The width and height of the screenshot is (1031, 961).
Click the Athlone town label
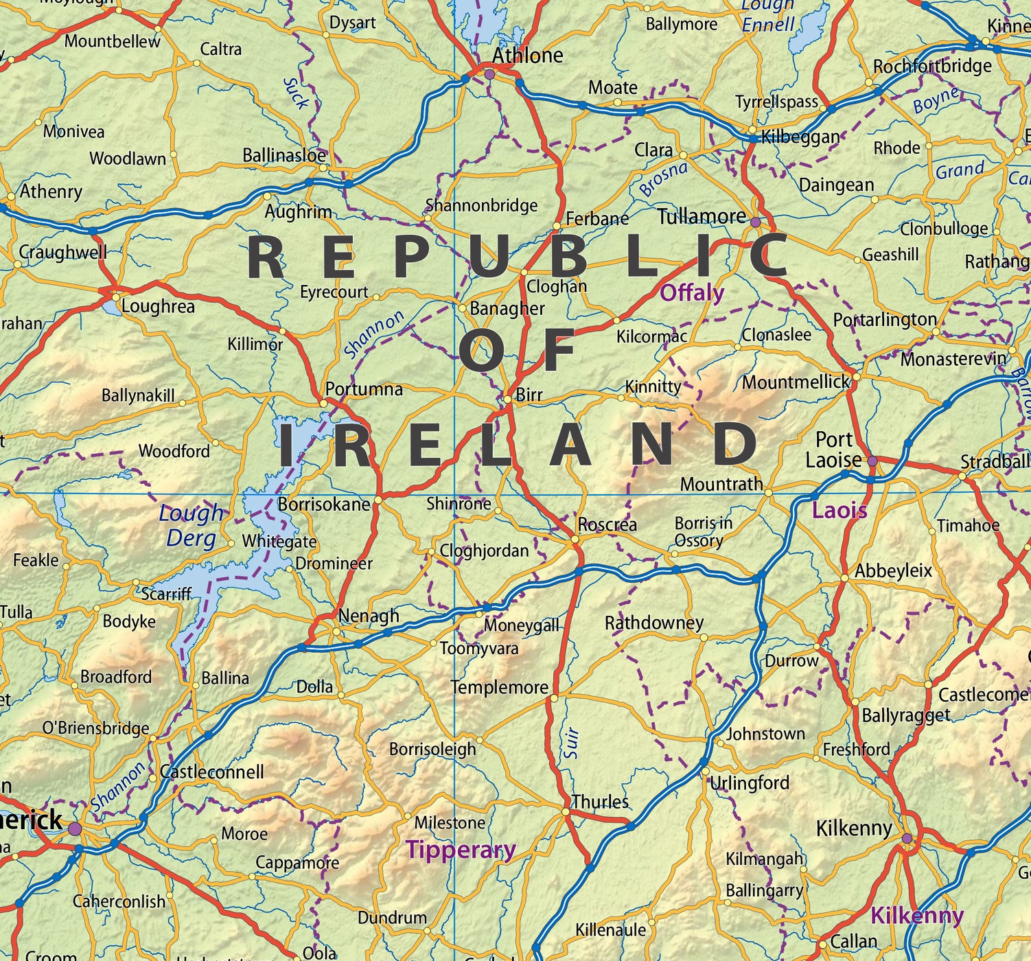[x=527, y=56]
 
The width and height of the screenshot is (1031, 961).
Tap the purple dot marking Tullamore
[x=756, y=222]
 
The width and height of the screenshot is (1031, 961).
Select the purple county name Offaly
[x=691, y=293]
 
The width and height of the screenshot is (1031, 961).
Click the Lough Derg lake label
[x=191, y=525]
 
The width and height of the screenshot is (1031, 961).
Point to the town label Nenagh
[x=369, y=616]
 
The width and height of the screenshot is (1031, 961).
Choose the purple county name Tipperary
[x=461, y=850]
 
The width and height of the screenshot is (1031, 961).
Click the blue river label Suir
[x=572, y=743]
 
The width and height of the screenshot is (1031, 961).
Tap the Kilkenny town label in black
[x=853, y=829]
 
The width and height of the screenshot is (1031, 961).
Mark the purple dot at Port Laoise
[x=872, y=461]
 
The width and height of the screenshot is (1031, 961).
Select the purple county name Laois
[x=839, y=510]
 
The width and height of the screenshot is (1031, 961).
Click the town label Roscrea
[x=607, y=525]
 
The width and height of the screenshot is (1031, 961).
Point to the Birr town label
[x=529, y=395]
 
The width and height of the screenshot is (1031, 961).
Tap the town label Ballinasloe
[x=284, y=155]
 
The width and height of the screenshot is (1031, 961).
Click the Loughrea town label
[x=158, y=306]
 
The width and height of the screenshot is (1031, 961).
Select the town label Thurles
[x=600, y=802]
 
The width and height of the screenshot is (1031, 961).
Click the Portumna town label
[x=364, y=389]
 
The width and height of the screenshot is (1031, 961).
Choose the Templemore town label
[x=499, y=687]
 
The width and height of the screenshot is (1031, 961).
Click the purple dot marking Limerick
[x=74, y=829]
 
